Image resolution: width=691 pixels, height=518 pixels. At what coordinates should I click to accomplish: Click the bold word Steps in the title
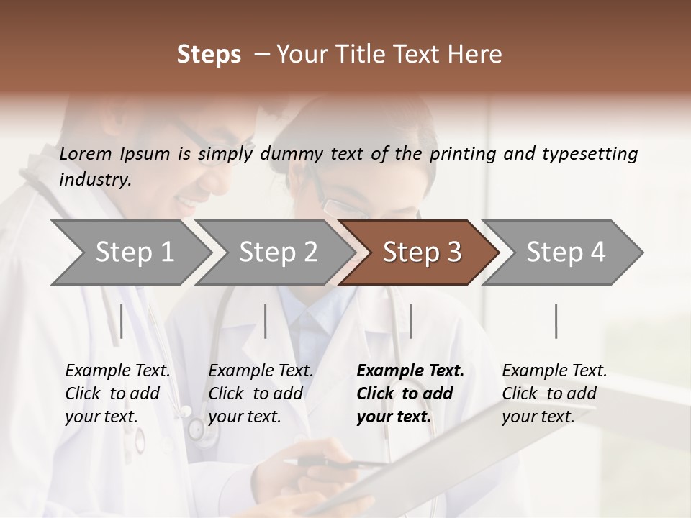(x=209, y=55)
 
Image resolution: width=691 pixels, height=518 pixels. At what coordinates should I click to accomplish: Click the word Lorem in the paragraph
(x=86, y=153)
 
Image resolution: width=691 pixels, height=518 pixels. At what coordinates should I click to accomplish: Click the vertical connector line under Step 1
(x=122, y=321)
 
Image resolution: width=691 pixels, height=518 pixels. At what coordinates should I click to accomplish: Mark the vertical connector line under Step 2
(x=266, y=321)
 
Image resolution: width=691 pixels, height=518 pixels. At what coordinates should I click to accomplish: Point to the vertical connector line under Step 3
(x=410, y=321)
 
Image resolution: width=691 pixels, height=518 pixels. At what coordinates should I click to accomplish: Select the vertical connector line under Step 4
(x=556, y=321)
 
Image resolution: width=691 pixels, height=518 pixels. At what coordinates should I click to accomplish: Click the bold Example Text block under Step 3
(x=410, y=394)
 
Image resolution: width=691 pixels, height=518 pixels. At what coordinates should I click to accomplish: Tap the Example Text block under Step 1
(x=117, y=394)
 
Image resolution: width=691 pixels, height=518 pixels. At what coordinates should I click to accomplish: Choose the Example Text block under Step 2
(x=261, y=394)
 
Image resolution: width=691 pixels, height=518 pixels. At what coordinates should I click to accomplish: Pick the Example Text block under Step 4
(x=554, y=394)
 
